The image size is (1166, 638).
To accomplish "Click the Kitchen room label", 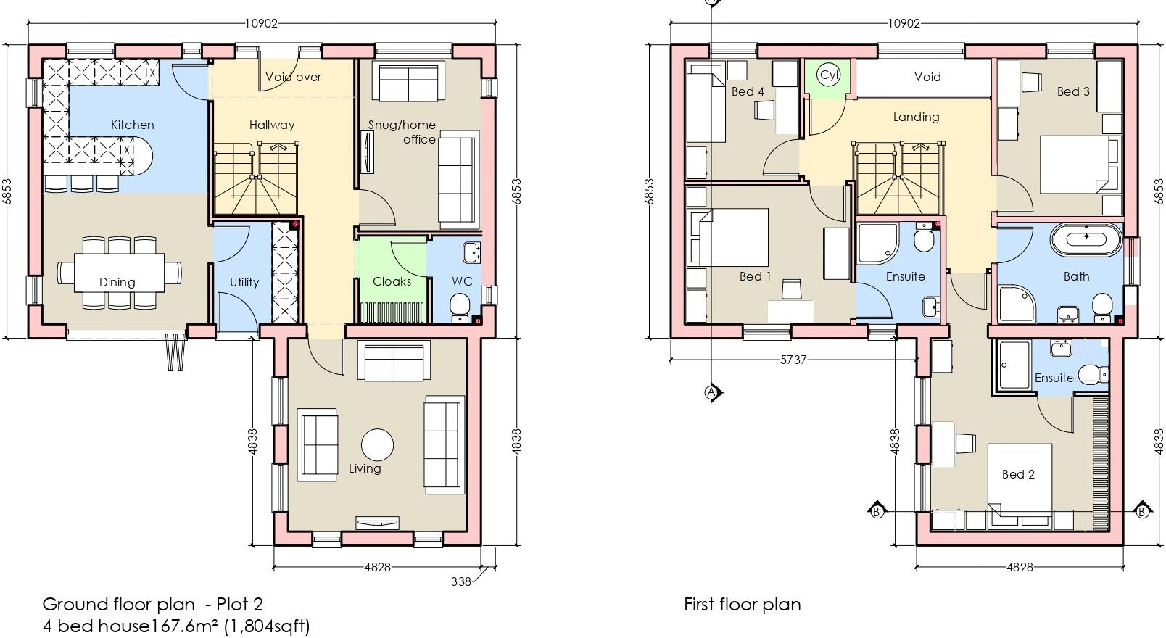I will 132,125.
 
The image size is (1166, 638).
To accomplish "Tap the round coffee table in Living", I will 377,444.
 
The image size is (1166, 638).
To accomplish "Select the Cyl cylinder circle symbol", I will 828,75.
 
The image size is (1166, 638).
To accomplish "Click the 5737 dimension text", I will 793,360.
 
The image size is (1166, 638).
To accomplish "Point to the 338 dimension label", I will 461,581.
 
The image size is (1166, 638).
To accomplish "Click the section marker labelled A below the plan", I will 711,392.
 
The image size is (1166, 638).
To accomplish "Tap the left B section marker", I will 876,511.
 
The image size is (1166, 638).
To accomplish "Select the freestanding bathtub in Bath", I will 1086,240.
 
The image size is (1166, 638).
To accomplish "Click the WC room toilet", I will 460,306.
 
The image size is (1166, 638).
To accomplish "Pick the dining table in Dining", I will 117,273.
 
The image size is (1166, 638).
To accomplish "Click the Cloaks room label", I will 392,281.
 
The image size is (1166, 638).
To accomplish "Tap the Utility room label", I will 244,282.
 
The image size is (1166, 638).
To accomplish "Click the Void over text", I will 293,77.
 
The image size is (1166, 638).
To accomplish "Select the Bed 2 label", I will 1018,474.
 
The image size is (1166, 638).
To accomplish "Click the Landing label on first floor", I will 916,117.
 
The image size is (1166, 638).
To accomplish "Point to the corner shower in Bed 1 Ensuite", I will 875,244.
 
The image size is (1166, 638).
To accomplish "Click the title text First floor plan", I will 742,605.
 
